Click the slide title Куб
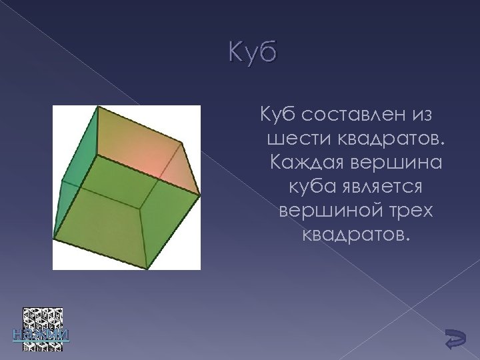pyautogui.click(x=251, y=53)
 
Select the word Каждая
pyautogui.click(x=309, y=163)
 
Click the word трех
pyautogui.click(x=409, y=211)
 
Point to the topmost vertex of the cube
pyautogui.click(x=98, y=107)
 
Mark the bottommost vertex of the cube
pyautogui.click(x=147, y=268)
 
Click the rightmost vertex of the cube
pyautogui.click(x=199, y=195)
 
